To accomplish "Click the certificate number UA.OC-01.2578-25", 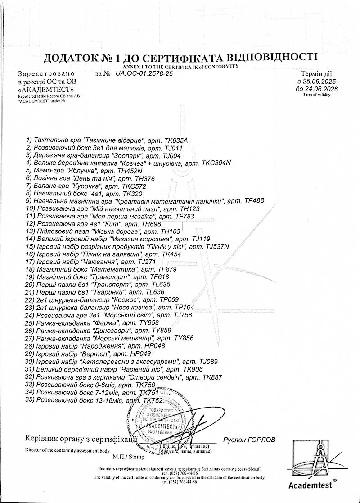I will point(144,73).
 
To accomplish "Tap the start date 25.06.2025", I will point(320,82).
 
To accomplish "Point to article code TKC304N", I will point(217,163).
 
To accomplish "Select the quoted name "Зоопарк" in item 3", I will point(126,155).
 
